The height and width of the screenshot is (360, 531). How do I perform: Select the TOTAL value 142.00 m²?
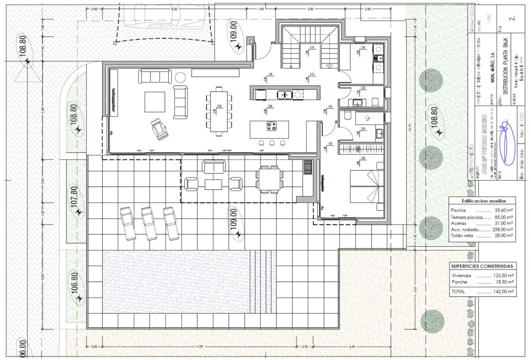pyautogui.click(x=504, y=292)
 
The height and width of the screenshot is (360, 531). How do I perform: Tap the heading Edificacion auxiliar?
pyautogui.click(x=482, y=201)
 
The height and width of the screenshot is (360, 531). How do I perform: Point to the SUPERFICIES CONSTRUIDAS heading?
pyautogui.click(x=482, y=266)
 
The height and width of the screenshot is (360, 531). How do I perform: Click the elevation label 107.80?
pyautogui.click(x=74, y=196)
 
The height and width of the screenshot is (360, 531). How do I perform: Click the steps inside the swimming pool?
pyautogui.click(x=263, y=281)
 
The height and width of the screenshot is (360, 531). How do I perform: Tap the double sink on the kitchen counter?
pyautogui.click(x=284, y=95)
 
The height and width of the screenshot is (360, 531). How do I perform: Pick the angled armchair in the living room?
pyautogui.click(x=161, y=129)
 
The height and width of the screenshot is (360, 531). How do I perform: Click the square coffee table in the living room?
pyautogui.click(x=155, y=102)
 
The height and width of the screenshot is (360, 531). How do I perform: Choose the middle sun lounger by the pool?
pyautogui.click(x=149, y=224)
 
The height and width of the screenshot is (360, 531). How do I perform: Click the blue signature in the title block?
pyautogui.click(x=506, y=145)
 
